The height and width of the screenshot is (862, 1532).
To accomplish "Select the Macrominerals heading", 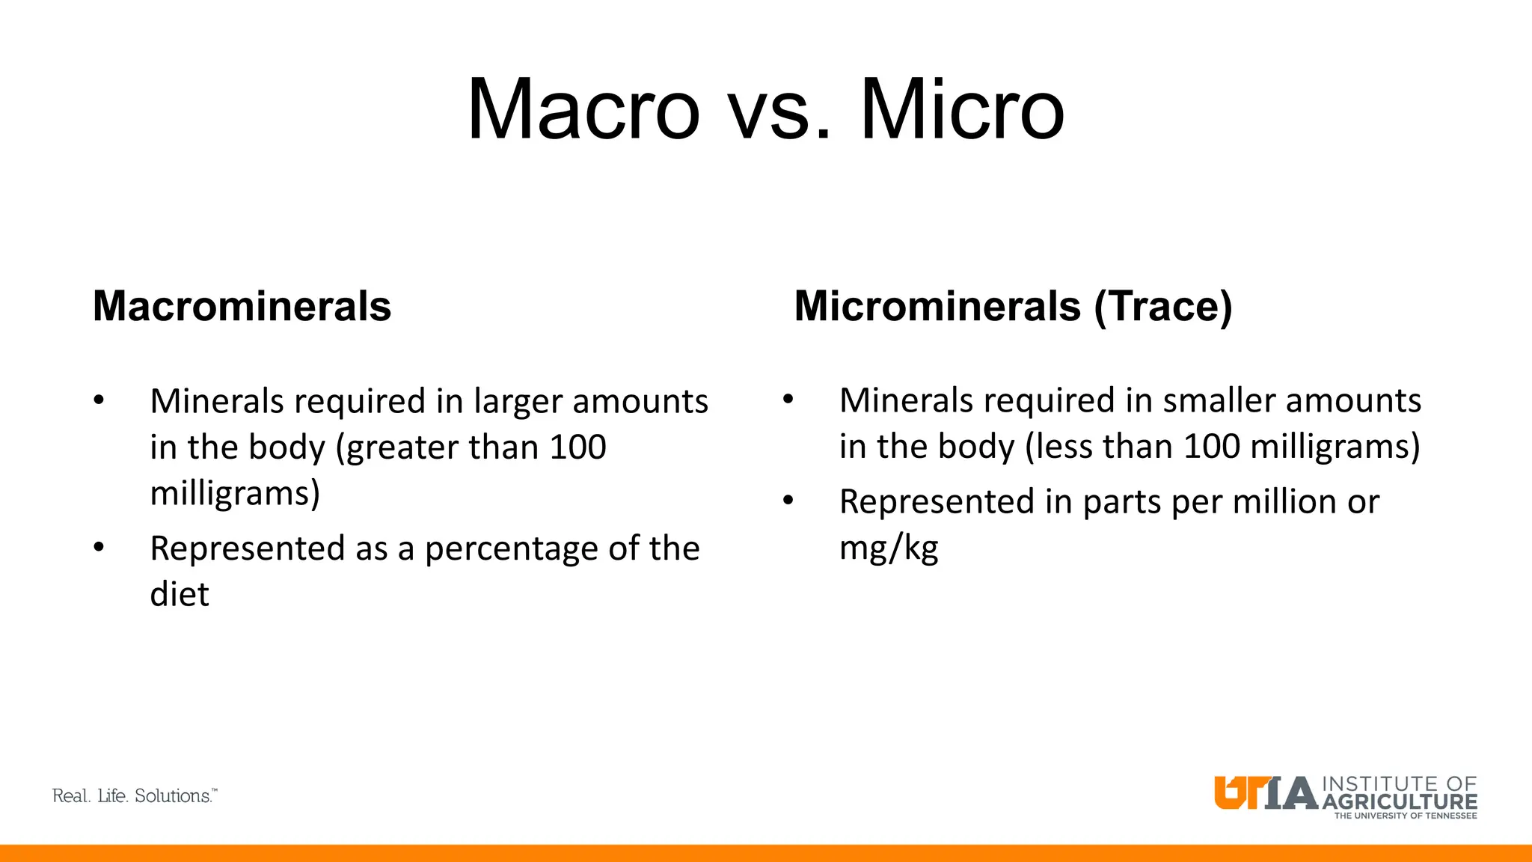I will pyautogui.click(x=242, y=306).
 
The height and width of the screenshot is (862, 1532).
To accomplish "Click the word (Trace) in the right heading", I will pyautogui.click(x=1163, y=307).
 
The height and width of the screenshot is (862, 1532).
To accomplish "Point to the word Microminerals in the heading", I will pyautogui.click(x=937, y=306).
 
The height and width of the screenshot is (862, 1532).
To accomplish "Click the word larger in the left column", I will pyautogui.click(x=518, y=403).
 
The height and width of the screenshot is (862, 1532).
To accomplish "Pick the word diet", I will pyautogui.click(x=180, y=594).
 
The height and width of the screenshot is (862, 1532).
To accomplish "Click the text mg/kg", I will pyautogui.click(x=889, y=548).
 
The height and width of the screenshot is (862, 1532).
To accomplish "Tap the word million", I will pyautogui.click(x=1284, y=501).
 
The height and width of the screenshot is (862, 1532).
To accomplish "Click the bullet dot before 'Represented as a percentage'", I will pyautogui.click(x=99, y=547).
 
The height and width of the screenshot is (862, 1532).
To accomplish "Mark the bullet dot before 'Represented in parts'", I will pyautogui.click(x=788, y=501).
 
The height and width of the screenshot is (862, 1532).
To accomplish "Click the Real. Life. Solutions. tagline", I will pyautogui.click(x=135, y=796).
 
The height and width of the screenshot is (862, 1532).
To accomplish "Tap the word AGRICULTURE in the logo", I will pyautogui.click(x=1399, y=801).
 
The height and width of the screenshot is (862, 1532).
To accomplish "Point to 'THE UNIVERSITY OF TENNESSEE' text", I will pyautogui.click(x=1406, y=816).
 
